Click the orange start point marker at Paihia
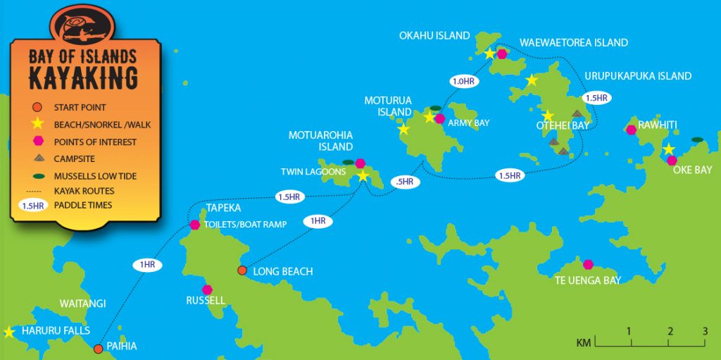click(99, 348)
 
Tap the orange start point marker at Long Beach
click(242, 271)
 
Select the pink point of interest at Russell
click(207, 290)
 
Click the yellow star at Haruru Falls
click(9, 332)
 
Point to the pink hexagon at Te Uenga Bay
click(589, 264)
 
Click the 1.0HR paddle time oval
click(463, 82)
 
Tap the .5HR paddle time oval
click(405, 182)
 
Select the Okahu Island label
click(434, 36)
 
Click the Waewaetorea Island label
click(573, 43)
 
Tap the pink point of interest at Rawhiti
click(631, 129)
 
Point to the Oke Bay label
click(692, 170)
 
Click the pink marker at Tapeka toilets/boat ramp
click(194, 225)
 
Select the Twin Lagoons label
click(313, 172)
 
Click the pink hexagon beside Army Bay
click(440, 118)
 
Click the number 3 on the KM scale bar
click(704, 331)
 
